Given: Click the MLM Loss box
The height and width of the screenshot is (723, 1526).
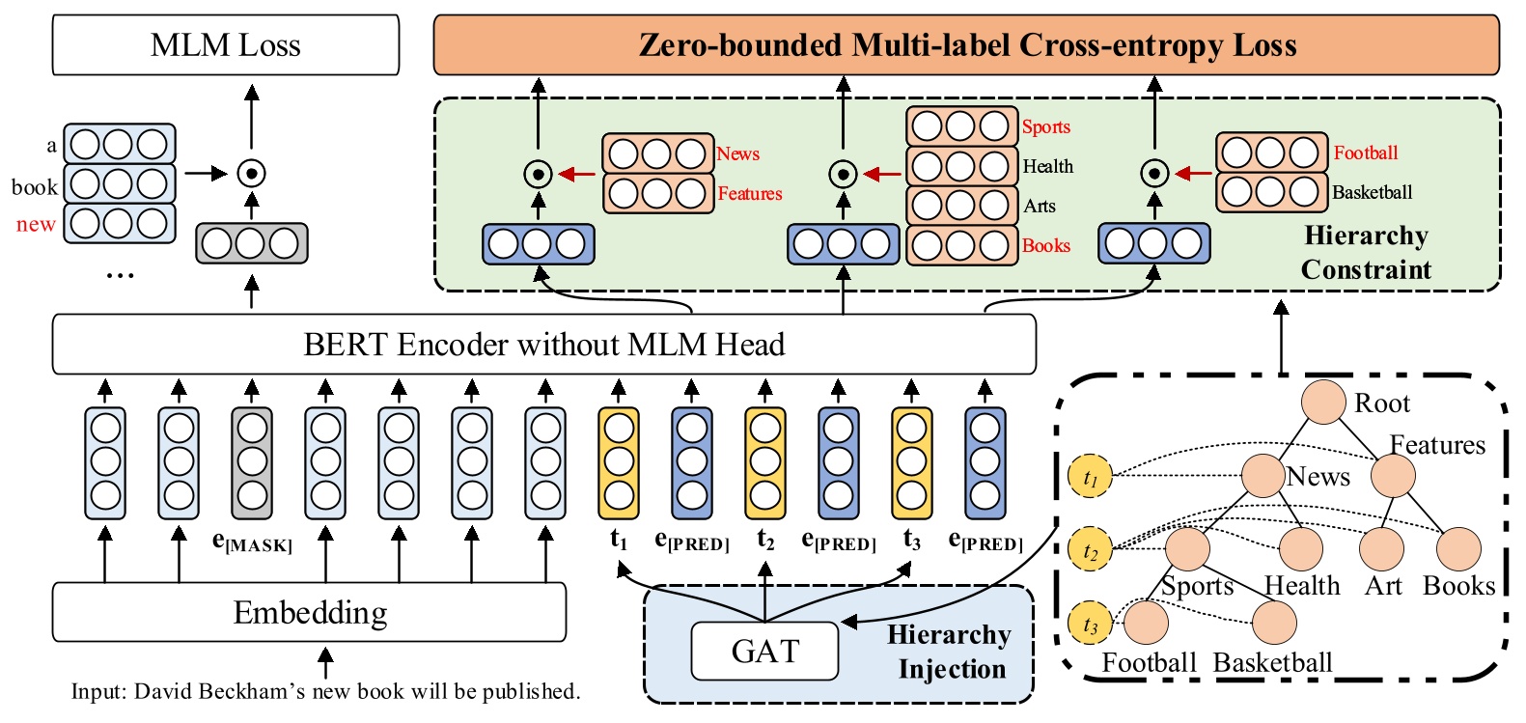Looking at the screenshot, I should [x=225, y=45].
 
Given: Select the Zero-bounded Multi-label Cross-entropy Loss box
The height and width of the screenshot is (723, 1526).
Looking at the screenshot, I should [x=966, y=45].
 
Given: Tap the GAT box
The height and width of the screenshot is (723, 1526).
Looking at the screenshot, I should [x=764, y=652].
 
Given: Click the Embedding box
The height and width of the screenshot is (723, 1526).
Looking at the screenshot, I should [x=309, y=612].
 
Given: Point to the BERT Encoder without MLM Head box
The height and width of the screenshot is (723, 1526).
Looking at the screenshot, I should [x=543, y=345].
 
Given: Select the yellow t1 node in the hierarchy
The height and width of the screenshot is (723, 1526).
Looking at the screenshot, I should [x=1091, y=477].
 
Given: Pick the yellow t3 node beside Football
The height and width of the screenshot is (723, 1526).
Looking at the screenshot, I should [x=1091, y=625].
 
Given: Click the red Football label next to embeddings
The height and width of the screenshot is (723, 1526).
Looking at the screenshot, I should [x=1365, y=153].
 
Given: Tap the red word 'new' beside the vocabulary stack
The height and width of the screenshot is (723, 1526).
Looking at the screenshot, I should [x=36, y=225].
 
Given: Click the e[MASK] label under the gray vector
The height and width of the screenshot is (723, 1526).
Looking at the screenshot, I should [x=252, y=542].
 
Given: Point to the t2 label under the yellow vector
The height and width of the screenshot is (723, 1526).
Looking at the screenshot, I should [x=765, y=541].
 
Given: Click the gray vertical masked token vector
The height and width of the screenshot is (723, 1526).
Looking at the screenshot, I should [x=252, y=462].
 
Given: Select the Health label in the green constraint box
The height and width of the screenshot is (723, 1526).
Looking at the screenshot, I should [x=1047, y=166].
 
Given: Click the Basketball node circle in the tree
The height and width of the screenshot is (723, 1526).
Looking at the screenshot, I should [x=1274, y=623].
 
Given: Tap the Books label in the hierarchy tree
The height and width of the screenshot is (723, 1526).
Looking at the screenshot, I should [x=1458, y=586].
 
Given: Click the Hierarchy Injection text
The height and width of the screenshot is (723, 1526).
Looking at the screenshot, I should [x=949, y=652].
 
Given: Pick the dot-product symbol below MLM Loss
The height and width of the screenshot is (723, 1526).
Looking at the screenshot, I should [x=252, y=174].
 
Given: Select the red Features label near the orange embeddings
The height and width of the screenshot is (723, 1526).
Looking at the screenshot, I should [x=749, y=193].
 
